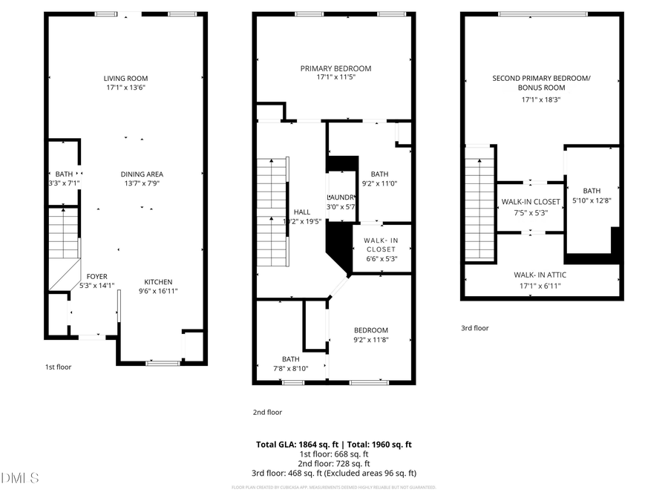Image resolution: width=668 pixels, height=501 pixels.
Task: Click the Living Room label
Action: click(x=125, y=78)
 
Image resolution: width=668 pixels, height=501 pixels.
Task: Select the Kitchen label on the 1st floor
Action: click(x=158, y=281)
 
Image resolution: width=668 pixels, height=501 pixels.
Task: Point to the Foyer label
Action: click(x=97, y=276)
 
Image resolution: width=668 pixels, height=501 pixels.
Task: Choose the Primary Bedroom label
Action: click(x=335, y=68)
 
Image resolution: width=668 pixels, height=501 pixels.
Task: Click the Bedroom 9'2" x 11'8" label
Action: click(x=370, y=330)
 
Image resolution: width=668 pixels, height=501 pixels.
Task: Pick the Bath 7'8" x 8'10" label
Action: click(x=290, y=359)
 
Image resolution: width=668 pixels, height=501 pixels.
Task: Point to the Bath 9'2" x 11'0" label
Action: click(x=379, y=174)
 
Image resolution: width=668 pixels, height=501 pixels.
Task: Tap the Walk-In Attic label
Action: click(x=540, y=275)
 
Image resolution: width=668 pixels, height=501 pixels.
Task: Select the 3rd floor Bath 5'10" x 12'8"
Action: click(x=592, y=191)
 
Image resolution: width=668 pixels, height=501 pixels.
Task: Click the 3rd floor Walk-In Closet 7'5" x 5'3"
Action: click(x=531, y=201)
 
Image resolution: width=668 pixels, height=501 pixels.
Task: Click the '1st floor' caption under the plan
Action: click(x=58, y=367)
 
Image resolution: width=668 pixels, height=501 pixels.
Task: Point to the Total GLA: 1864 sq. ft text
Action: click(x=294, y=445)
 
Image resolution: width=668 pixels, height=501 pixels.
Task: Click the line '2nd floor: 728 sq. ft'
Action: click(x=333, y=463)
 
